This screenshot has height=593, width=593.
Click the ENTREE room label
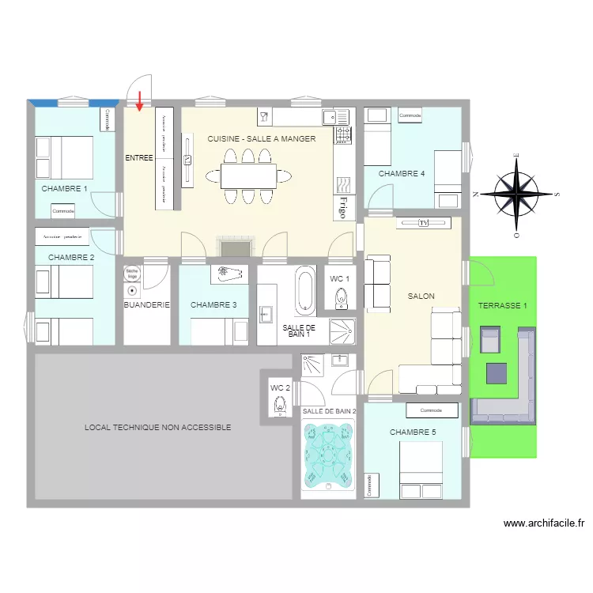(139, 158)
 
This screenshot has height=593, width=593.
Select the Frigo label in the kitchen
(342, 206)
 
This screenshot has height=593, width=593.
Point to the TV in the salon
(423, 224)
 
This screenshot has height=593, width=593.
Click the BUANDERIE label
(146, 304)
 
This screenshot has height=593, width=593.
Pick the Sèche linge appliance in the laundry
(131, 273)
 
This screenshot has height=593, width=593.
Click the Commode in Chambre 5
(431, 410)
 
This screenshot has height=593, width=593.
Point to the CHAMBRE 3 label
(213, 304)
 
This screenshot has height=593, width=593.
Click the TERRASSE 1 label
(502, 304)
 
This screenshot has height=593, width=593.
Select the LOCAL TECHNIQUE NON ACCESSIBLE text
(158, 427)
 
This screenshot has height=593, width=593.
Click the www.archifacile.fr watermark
(543, 523)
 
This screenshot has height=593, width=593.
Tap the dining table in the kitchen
(248, 176)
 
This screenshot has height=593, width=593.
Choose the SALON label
(421, 296)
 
